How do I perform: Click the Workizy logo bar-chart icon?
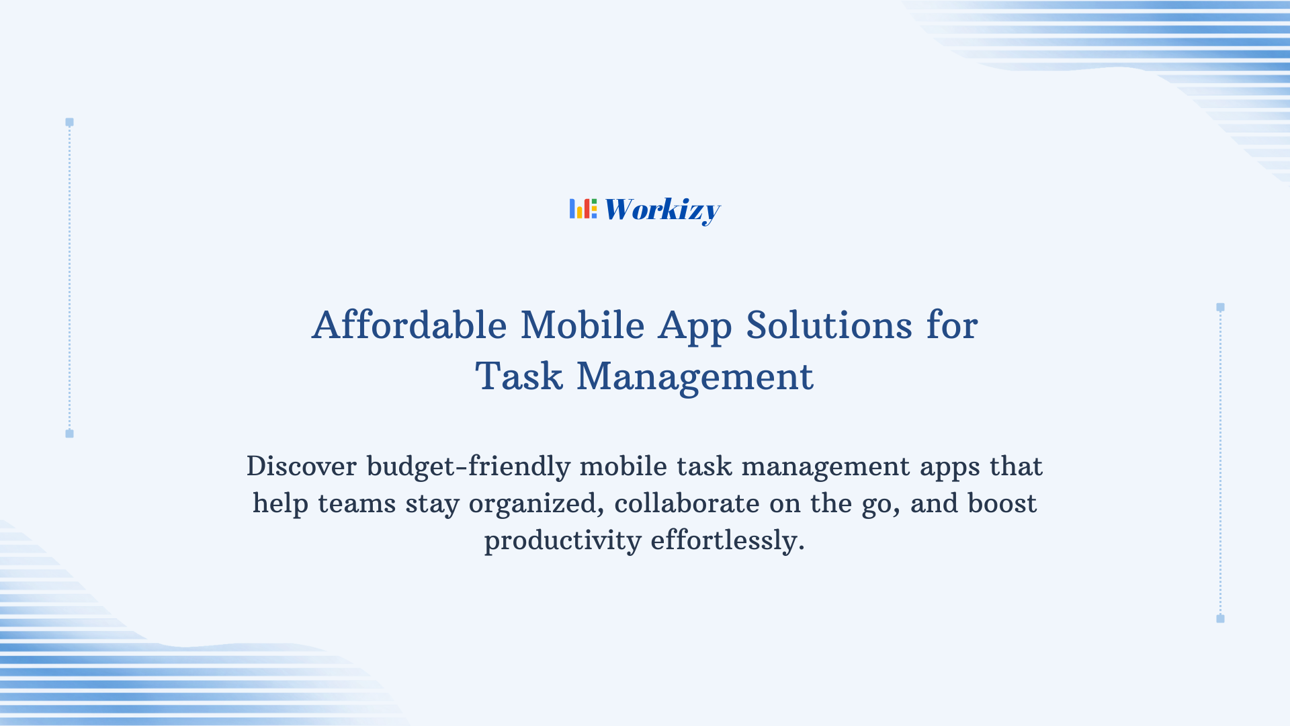pos(583,209)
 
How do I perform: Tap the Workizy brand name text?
pos(662,210)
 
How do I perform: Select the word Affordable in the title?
pos(409,325)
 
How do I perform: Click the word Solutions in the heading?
pos(829,325)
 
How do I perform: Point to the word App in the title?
pos(695,327)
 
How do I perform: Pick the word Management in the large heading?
pos(695,376)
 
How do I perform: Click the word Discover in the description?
pos(302,467)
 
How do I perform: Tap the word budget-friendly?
pos(468,467)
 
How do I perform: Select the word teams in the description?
pos(357,503)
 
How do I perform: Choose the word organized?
pos(536,504)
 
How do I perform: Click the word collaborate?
pos(687,503)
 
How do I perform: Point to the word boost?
pos(1002,503)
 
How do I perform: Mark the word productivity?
pos(562,540)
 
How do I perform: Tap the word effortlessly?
pos(727,540)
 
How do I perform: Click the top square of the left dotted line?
pos(69,122)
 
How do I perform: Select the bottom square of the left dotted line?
pos(69,434)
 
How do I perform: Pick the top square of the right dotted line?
pos(1220,307)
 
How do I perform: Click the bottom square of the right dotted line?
pos(1220,618)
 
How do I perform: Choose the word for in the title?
pos(952,325)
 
